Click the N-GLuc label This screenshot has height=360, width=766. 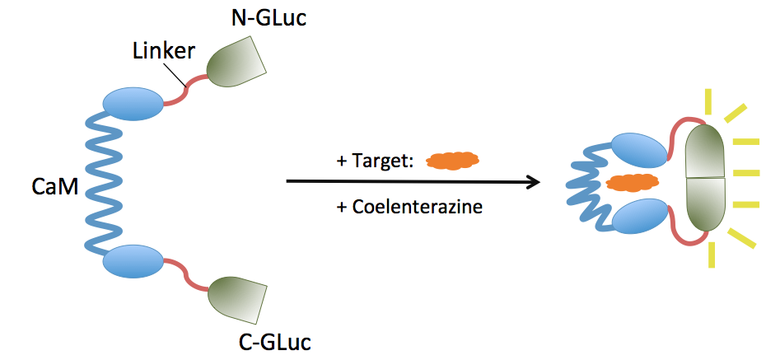(x=265, y=17)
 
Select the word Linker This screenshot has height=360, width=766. (x=163, y=51)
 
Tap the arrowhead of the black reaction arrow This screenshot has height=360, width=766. (x=533, y=181)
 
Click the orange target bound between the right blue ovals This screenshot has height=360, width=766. (x=632, y=182)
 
